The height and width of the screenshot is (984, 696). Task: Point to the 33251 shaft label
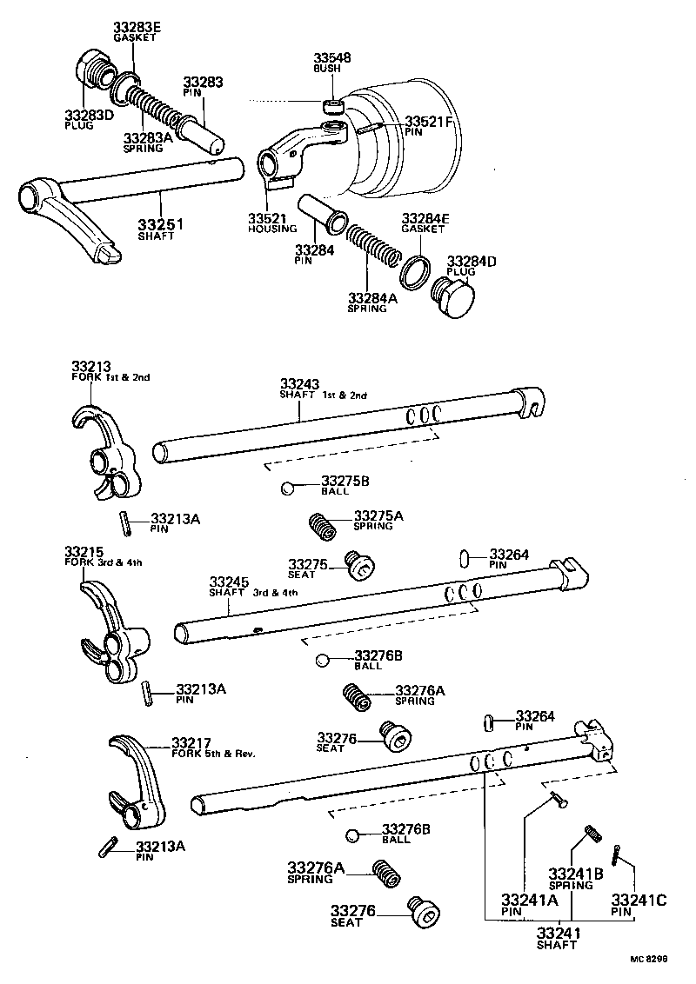pyautogui.click(x=161, y=226)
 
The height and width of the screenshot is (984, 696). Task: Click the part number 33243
pyautogui.click(x=299, y=383)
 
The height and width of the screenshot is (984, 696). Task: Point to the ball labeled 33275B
pyautogui.click(x=288, y=488)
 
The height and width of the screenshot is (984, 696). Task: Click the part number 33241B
pyautogui.click(x=570, y=874)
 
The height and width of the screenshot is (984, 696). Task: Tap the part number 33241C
pyautogui.click(x=639, y=901)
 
